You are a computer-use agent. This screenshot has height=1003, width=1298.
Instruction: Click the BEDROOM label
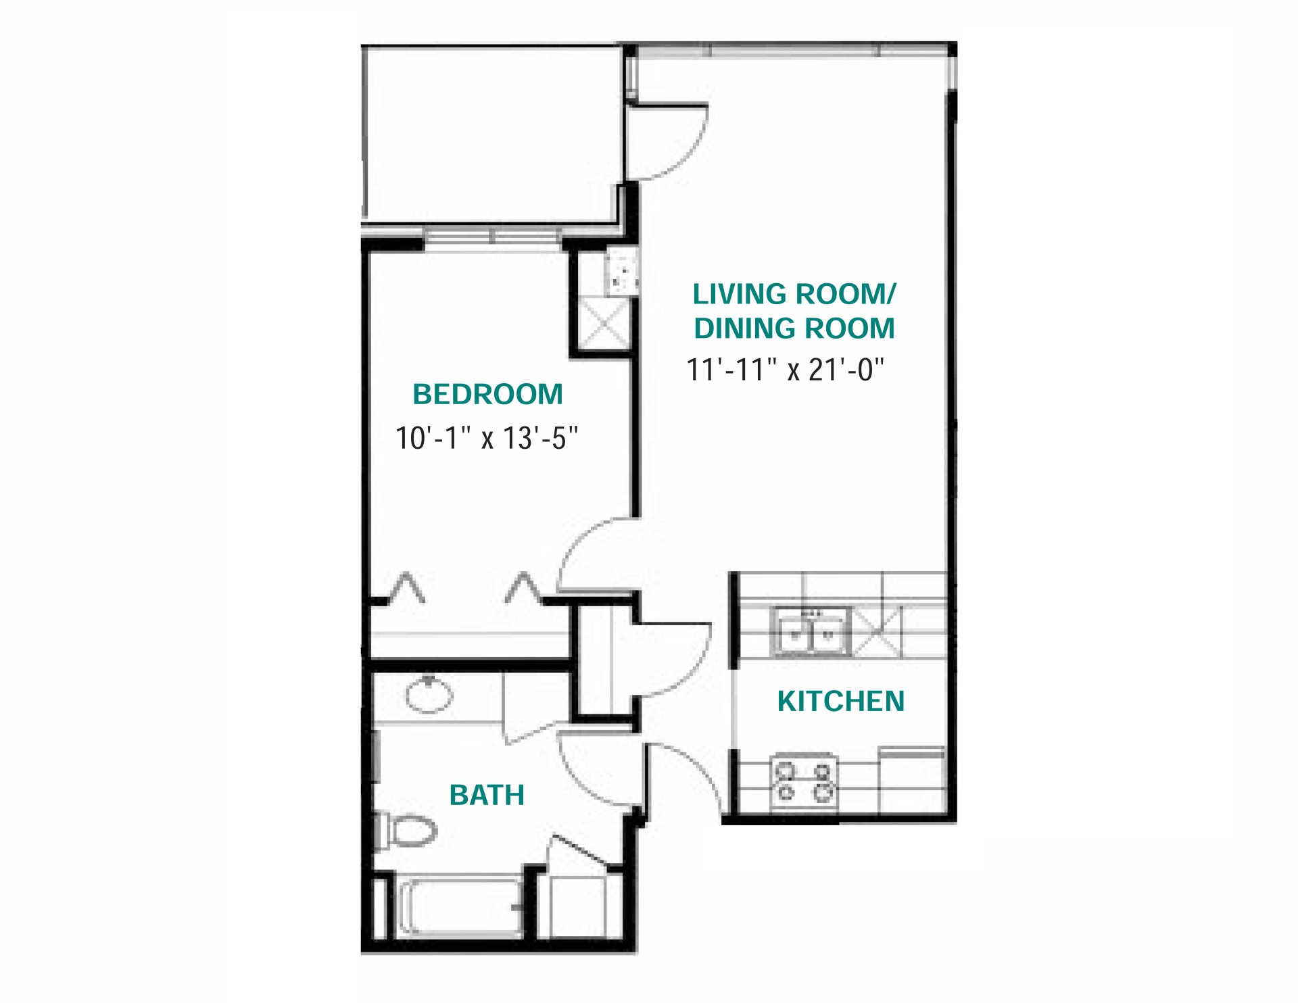point(487,395)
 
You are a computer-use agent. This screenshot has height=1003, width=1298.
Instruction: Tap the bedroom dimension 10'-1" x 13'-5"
point(487,438)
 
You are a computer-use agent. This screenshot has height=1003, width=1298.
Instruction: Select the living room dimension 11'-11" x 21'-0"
point(785,370)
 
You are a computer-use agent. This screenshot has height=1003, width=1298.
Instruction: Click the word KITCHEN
point(840,702)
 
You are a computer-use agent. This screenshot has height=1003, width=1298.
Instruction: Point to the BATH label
point(487,795)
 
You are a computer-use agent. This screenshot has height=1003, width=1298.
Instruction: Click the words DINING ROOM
point(794,328)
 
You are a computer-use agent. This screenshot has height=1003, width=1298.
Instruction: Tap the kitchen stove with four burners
point(804,782)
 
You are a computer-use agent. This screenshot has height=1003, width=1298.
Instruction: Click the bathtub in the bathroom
point(460,906)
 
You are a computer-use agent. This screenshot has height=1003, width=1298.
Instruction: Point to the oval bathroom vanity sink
point(429,694)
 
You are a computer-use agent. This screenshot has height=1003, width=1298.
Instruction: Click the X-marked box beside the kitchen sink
point(876,631)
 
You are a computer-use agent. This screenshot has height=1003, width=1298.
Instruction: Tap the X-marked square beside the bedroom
point(604,324)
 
